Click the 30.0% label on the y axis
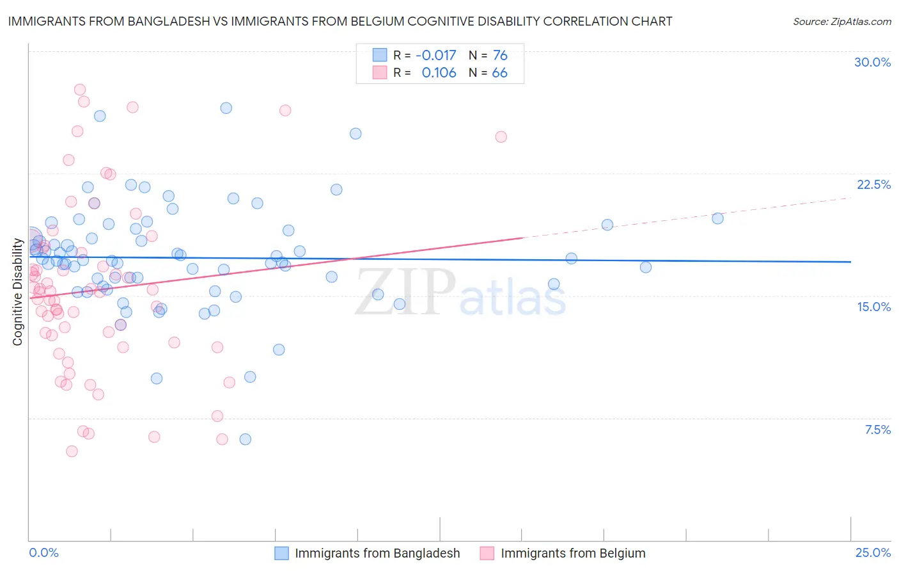pos(872,62)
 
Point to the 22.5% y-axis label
pos(873,184)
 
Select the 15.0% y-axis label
pos(873,307)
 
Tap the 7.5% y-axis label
pos(877,430)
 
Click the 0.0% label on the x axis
pos(43,552)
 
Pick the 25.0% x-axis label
pos(873,552)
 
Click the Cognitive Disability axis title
pos(18,292)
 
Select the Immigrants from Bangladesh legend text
pos(377,553)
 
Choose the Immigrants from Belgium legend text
pos(573,553)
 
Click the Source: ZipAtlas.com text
pos(841,22)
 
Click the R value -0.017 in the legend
pos(435,55)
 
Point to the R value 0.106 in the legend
pos(439,72)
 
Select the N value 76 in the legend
pos(500,55)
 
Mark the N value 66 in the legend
pos(500,72)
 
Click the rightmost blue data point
pos(717,218)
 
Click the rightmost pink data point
pos(501,137)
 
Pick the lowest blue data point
pos(246,439)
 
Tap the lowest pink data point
pos(72,451)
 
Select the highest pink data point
pos(80,90)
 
